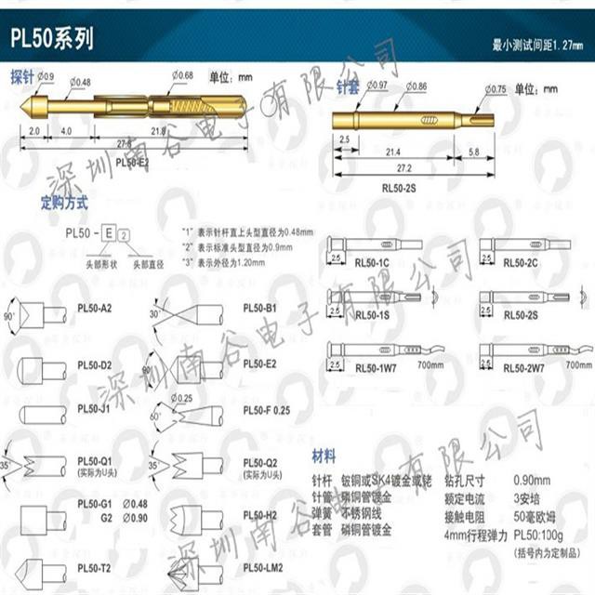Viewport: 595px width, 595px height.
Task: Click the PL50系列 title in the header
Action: (53, 39)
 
